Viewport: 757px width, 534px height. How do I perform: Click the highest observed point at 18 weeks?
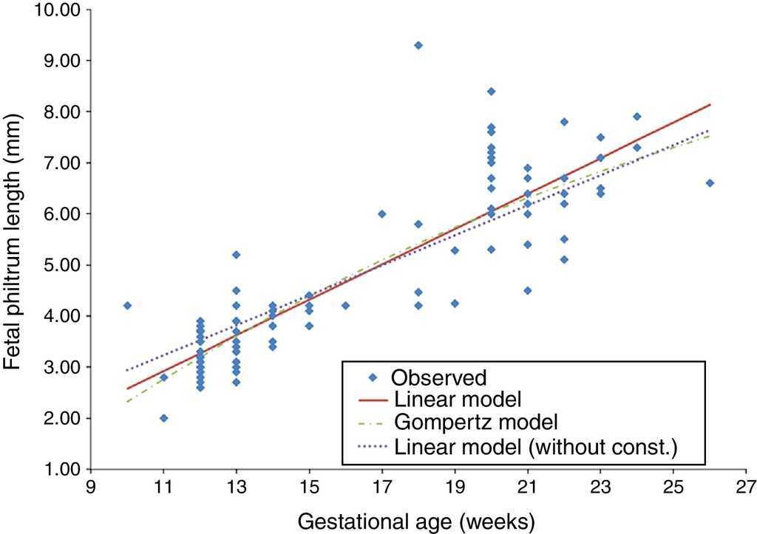(x=418, y=45)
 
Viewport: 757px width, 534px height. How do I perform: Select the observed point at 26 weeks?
(x=710, y=183)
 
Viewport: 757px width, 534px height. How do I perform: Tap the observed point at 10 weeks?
(x=127, y=305)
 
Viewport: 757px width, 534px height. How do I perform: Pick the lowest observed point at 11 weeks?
(x=163, y=418)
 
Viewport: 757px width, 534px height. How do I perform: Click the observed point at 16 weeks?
(x=345, y=305)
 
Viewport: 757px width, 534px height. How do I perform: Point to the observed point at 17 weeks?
(x=382, y=213)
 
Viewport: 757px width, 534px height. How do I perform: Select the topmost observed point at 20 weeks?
(x=491, y=92)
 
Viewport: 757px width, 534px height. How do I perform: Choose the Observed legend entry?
(x=439, y=378)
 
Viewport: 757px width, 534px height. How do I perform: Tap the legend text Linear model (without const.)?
(x=536, y=446)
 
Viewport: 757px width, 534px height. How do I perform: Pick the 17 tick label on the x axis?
(x=382, y=487)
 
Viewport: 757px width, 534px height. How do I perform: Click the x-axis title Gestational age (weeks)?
(x=415, y=521)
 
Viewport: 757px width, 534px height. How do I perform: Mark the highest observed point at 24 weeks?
(x=637, y=117)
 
